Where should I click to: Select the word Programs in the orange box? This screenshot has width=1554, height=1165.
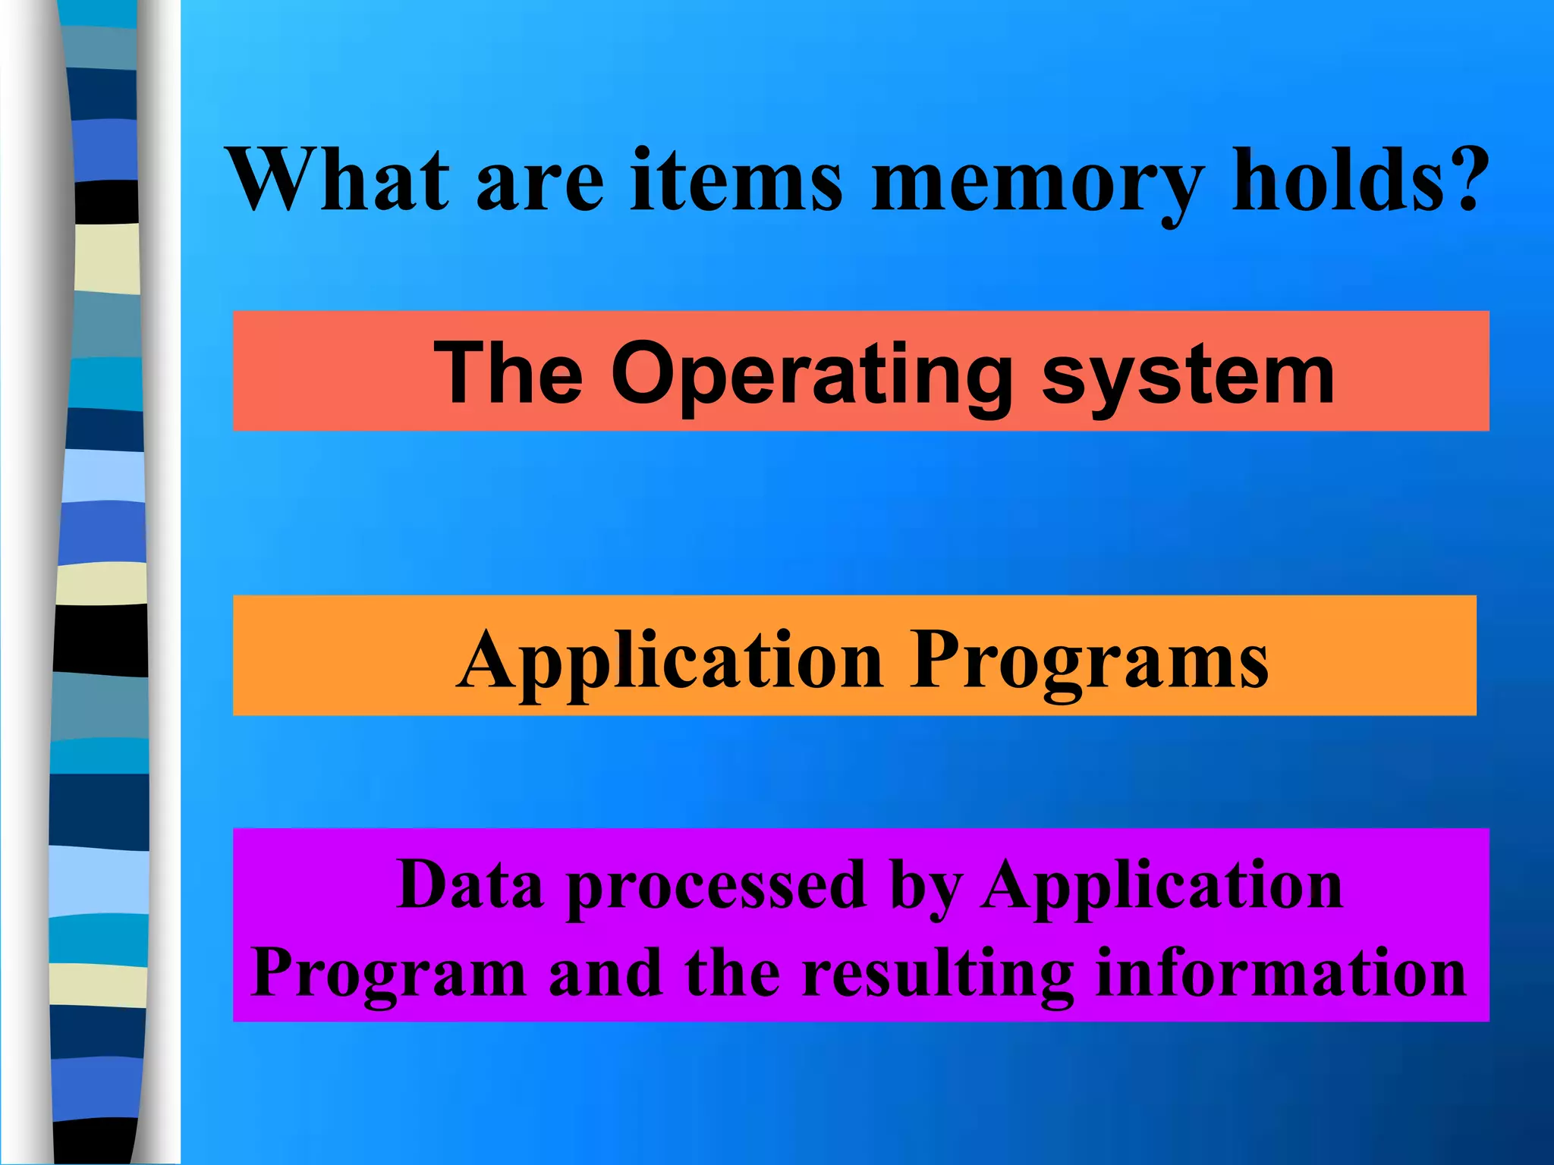[x=1090, y=660]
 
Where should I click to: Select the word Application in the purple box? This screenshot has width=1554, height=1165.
[x=1161, y=886]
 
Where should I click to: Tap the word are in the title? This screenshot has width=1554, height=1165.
[x=539, y=182]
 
